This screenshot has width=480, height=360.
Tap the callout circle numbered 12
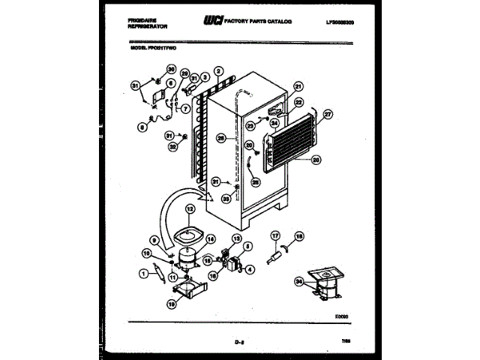pyautogui.click(x=190, y=209)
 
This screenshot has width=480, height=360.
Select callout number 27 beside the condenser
pyautogui.click(x=327, y=114)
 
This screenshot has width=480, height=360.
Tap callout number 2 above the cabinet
pyautogui.click(x=217, y=73)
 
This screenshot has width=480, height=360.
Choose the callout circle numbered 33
pyautogui.click(x=225, y=199)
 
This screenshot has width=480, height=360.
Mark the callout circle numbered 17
pyautogui.click(x=275, y=235)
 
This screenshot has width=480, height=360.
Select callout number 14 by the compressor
pyautogui.click(x=210, y=240)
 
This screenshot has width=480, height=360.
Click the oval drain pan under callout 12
pyautogui.click(x=188, y=233)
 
